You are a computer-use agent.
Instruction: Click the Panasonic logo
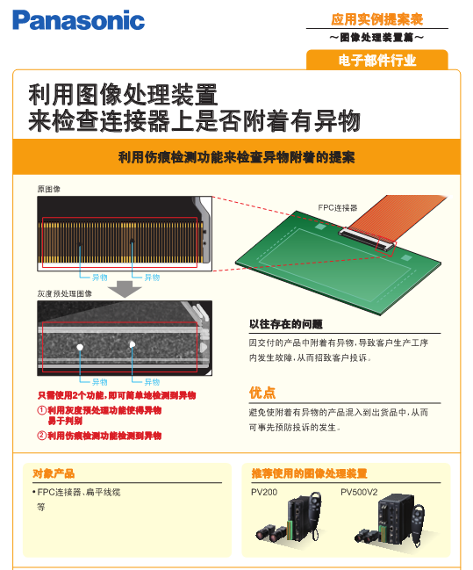pyautogui.click(x=78, y=20)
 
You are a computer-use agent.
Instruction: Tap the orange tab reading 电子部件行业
pyautogui.click(x=377, y=60)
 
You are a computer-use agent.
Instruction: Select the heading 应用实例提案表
pyautogui.click(x=377, y=19)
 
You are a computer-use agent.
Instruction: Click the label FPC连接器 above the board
pyautogui.click(x=338, y=207)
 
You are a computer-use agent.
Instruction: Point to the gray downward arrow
pyautogui.click(x=125, y=289)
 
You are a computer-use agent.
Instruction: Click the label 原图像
pyautogui.click(x=48, y=189)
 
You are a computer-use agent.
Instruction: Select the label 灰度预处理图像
pyautogui.click(x=65, y=293)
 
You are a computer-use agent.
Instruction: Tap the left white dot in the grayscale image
pyautogui.click(x=80, y=347)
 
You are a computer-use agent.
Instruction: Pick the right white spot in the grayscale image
pyautogui.click(x=133, y=344)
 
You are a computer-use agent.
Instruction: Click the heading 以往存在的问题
pyautogui.click(x=286, y=324)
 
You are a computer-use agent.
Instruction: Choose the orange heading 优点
pyautogui.click(x=262, y=393)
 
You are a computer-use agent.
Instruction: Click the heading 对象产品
pyautogui.click(x=54, y=473)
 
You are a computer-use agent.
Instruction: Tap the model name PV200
pyautogui.click(x=264, y=492)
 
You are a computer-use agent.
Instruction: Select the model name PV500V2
pyautogui.click(x=359, y=492)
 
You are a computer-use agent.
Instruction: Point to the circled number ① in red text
pyautogui.click(x=42, y=410)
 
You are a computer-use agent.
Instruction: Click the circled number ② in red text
pyautogui.click(x=42, y=436)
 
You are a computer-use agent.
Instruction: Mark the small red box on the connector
pyautogui.click(x=386, y=246)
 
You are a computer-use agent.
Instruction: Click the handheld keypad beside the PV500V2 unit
pyautogui.click(x=419, y=523)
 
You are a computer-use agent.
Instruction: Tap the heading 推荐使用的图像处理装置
pyautogui.click(x=309, y=473)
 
